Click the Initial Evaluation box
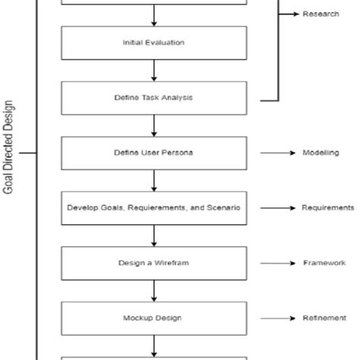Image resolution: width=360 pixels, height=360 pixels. (153, 43)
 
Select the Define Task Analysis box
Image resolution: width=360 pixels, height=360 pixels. (153, 98)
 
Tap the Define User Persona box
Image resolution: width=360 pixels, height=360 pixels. (153, 153)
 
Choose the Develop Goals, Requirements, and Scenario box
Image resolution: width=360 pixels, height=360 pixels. (153, 207)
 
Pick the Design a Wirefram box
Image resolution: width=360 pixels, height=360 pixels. (153, 263)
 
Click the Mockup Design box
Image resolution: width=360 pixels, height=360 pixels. (153, 317)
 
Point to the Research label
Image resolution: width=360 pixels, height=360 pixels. (321, 14)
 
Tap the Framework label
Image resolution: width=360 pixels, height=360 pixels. (324, 263)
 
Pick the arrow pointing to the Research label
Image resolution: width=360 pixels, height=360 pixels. (289, 14)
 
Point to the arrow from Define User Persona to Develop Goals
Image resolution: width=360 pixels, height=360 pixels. (154, 180)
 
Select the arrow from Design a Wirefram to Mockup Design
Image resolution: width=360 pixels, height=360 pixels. (154, 290)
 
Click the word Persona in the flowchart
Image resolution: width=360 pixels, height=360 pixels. (181, 153)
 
